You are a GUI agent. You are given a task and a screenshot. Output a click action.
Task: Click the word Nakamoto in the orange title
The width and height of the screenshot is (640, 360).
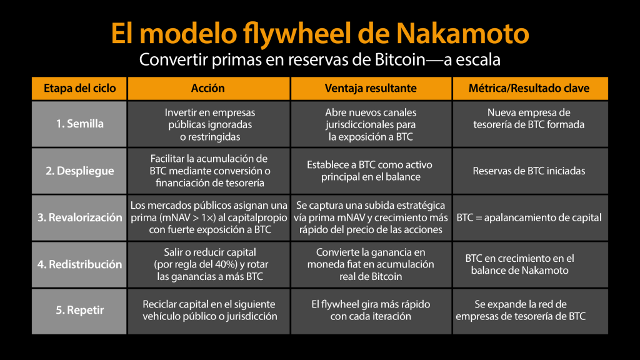click(462, 33)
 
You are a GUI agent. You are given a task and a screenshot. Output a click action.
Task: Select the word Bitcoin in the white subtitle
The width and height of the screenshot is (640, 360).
click(400, 59)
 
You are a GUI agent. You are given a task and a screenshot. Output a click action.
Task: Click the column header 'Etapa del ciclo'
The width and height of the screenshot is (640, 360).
click(79, 88)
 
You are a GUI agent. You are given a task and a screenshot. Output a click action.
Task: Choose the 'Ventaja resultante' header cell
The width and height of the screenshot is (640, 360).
click(371, 88)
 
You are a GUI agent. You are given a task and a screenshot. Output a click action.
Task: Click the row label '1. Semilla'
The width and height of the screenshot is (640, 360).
click(79, 124)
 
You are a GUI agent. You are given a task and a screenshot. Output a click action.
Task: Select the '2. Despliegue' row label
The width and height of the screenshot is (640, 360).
click(79, 171)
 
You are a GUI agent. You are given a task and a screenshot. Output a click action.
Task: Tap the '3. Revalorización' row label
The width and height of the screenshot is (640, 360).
click(79, 217)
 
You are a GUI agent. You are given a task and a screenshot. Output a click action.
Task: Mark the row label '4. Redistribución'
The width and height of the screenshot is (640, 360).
click(79, 264)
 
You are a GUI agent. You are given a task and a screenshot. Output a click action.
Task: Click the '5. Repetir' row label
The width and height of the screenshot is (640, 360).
click(79, 310)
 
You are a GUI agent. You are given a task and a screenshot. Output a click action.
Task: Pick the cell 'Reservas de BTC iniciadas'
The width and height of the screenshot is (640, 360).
click(529, 171)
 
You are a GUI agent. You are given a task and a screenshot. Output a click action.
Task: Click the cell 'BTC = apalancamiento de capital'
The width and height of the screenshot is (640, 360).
click(529, 217)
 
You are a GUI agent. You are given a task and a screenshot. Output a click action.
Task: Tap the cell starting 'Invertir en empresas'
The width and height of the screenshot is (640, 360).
click(210, 124)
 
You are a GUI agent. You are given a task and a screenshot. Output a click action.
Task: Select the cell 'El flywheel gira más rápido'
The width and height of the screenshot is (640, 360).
click(371, 310)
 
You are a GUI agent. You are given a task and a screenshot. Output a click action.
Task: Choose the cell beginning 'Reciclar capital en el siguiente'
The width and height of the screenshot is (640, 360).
click(210, 310)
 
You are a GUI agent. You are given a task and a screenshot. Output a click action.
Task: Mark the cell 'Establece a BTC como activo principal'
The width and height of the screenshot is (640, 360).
click(370, 171)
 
